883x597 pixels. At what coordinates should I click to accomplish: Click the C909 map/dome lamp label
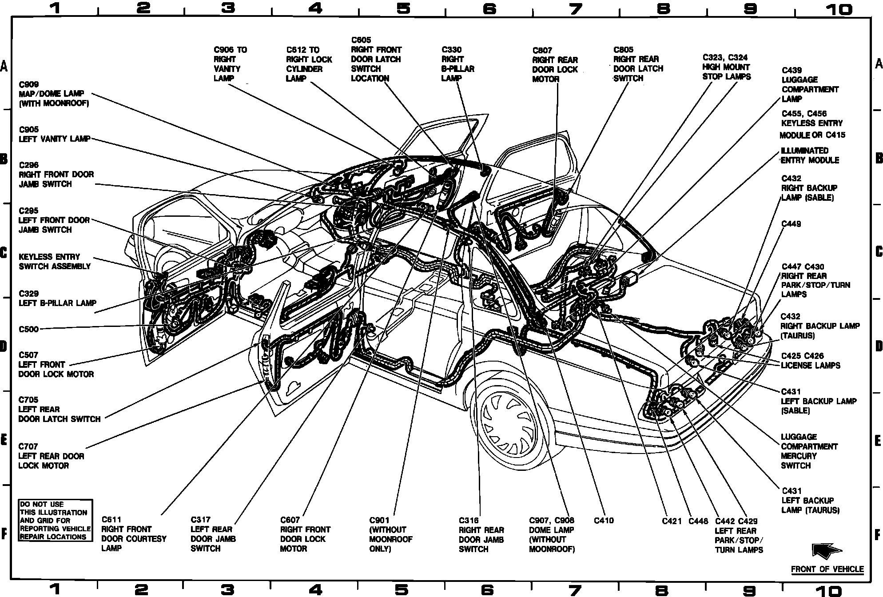pos(54,94)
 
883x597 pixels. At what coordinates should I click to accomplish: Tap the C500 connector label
pos(29,329)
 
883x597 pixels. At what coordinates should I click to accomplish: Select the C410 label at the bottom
pos(604,520)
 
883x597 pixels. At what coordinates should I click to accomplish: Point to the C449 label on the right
pos(792,224)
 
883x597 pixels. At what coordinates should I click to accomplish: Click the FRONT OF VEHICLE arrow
pos(827,551)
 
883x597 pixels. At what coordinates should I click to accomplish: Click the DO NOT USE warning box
pos(56,520)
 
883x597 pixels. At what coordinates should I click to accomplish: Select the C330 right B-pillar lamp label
pos(458,64)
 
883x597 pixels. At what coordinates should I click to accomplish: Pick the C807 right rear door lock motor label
pos(555,65)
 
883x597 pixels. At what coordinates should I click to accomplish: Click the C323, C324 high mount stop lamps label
pos(727,67)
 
